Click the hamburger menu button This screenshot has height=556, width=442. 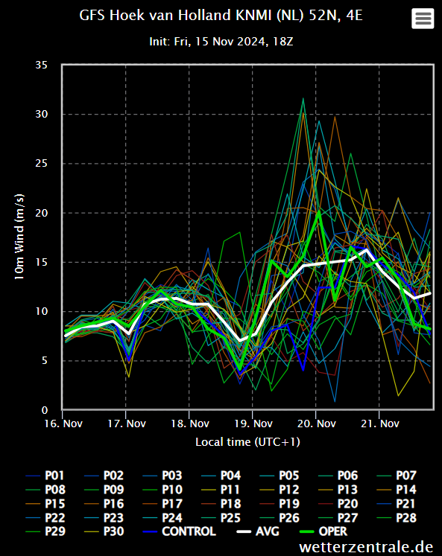tap(423, 18)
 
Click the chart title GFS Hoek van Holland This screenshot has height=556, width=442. tap(221, 16)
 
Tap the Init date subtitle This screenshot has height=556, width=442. tap(221, 42)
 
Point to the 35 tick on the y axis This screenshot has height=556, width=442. tap(41, 65)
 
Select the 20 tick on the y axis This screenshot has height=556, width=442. tap(41, 213)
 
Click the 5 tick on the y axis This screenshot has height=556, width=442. tap(45, 361)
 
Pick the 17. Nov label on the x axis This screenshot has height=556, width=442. tap(127, 424)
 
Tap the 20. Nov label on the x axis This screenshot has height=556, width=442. tap(316, 424)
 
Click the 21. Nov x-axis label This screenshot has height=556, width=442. tap(380, 424)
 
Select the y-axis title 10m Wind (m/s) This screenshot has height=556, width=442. tap(19, 237)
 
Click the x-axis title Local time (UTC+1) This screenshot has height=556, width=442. tap(247, 442)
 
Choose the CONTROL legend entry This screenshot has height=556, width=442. tap(180, 531)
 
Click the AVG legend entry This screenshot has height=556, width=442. tap(258, 531)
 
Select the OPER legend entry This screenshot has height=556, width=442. tap(323, 531)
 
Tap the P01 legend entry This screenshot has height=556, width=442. tap(45, 475)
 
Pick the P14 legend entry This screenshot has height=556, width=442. tap(397, 489)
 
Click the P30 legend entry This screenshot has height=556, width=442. tap(104, 531)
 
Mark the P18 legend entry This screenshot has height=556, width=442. tap(221, 503)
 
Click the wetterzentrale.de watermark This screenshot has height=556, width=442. tap(366, 546)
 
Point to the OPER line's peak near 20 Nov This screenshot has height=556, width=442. tap(319, 212)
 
